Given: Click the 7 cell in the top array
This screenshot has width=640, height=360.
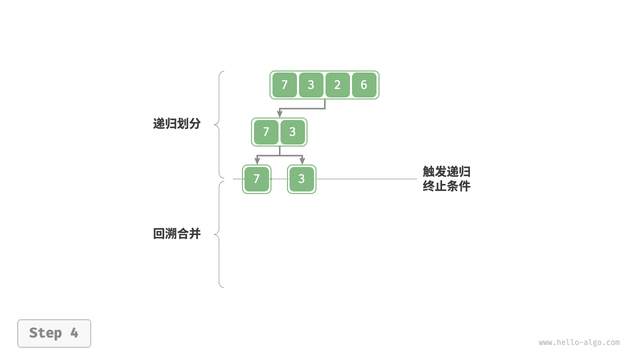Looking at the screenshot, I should (x=284, y=85).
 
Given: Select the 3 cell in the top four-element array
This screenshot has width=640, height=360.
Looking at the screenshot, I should (x=311, y=85).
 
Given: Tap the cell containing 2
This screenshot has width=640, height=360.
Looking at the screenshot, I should (x=337, y=85).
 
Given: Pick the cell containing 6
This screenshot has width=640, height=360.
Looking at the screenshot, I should (x=364, y=85).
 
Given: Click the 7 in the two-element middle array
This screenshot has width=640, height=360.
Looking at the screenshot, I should (x=266, y=132).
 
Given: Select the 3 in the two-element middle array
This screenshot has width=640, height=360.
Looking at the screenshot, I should (x=292, y=132).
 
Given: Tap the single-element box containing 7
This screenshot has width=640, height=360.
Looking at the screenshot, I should (x=256, y=179).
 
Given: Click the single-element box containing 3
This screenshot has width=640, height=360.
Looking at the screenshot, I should (x=301, y=179).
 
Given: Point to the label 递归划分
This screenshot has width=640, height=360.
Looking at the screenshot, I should (x=176, y=124).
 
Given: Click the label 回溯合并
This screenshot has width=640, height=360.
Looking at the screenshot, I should (x=176, y=233).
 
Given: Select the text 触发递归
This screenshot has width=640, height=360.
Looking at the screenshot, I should (x=446, y=172).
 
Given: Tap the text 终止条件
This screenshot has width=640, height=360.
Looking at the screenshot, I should (x=446, y=186).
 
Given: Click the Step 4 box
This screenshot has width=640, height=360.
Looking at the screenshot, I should (x=54, y=333).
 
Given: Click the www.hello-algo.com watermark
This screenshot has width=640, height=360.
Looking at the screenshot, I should (x=579, y=342).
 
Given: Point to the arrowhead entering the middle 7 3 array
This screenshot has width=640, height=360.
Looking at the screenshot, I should (x=279, y=115).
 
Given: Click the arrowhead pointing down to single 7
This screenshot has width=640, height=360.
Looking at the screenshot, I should (x=257, y=161).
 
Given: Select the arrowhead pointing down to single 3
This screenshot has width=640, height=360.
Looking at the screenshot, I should (x=302, y=161).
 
